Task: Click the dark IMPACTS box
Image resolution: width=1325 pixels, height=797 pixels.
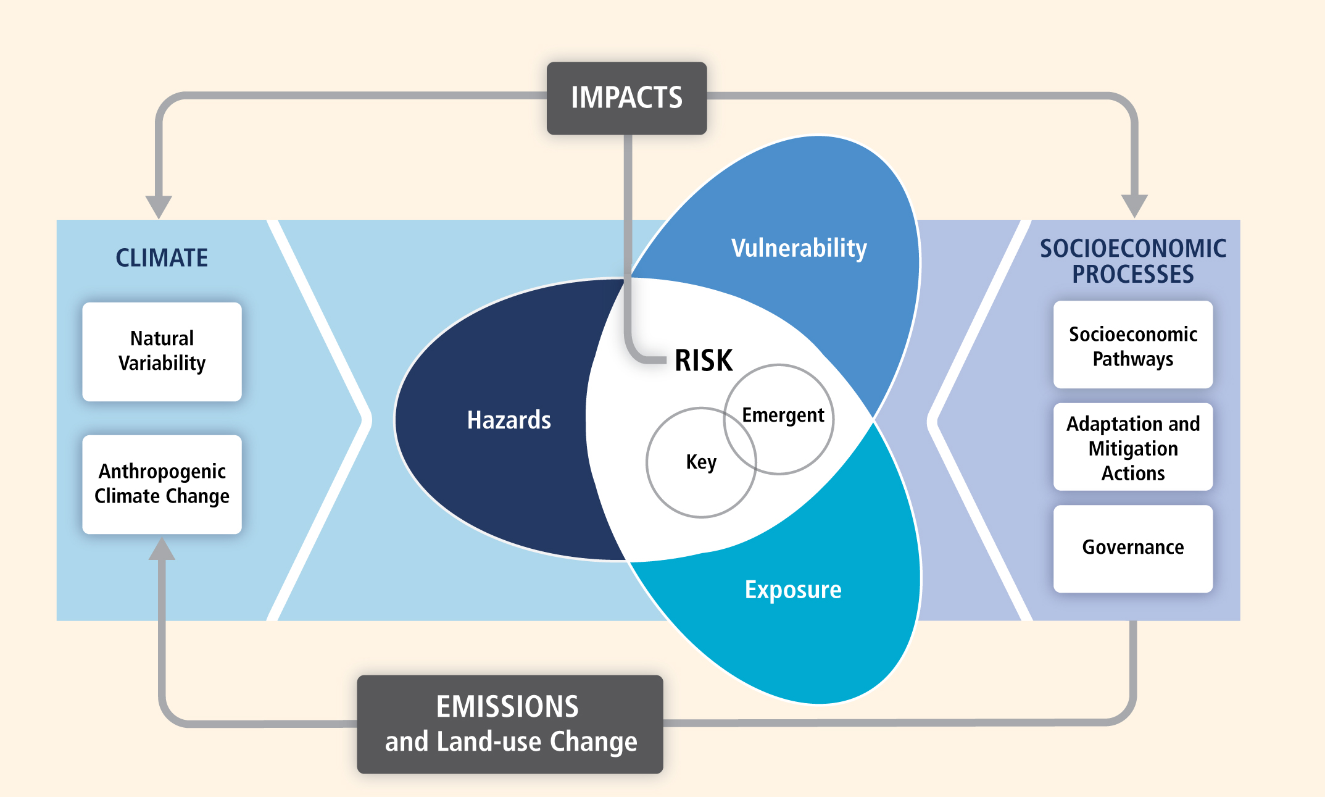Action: coord(626,98)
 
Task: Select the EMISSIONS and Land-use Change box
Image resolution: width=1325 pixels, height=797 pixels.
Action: coord(510,724)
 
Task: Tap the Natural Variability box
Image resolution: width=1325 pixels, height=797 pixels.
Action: coord(162,351)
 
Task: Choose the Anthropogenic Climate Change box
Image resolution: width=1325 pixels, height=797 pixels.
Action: coord(162,484)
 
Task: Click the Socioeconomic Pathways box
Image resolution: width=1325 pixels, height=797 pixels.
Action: coord(1132,345)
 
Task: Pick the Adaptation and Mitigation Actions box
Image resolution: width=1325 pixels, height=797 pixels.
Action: coord(1132,448)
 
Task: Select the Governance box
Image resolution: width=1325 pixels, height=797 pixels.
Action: coord(1132,548)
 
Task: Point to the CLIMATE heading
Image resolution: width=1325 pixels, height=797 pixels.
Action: coord(162,258)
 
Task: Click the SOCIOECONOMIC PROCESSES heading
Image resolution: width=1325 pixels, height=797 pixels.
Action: coord(1132,261)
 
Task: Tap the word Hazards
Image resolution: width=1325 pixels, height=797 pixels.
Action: coord(509,420)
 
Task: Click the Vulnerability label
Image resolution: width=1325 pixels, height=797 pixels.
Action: coord(799,249)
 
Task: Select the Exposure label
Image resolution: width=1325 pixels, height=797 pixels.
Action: coord(792,590)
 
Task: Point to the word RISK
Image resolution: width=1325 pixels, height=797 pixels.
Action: coord(704,361)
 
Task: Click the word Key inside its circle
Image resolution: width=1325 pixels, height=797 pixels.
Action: coord(701,462)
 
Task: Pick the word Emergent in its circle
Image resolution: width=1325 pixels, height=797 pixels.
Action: coord(783,415)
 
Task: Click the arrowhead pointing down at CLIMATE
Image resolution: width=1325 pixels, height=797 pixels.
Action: coord(159,206)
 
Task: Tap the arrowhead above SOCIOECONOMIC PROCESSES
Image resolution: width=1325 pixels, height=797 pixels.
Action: coord(1134,205)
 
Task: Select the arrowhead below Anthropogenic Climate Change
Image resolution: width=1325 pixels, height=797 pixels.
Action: coord(162,549)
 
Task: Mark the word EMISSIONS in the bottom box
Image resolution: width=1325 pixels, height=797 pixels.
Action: coord(507,707)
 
